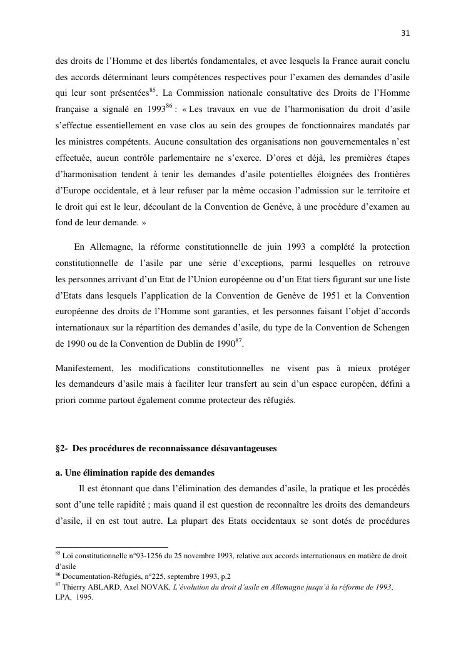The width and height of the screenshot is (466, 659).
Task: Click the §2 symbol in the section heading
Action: pyautogui.click(x=61, y=449)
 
